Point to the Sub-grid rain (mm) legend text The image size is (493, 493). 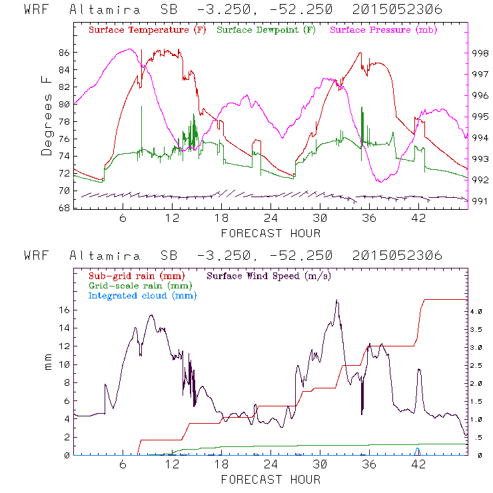tap(136, 275)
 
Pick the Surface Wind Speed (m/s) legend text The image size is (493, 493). tap(270, 275)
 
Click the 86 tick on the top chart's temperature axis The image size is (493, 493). tap(63, 52)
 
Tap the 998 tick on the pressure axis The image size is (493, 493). tap(480, 52)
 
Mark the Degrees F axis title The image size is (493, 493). tap(47, 115)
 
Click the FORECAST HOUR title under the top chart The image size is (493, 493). tap(270, 233)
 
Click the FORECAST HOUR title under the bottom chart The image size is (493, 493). tap(270, 480)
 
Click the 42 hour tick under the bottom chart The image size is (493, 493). tap(418, 465)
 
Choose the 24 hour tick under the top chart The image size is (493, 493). tap(270, 219)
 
